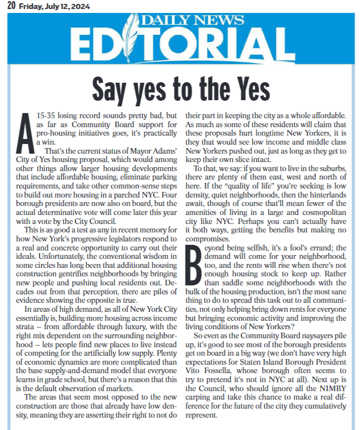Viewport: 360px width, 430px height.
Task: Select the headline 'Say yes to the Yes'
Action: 180,87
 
